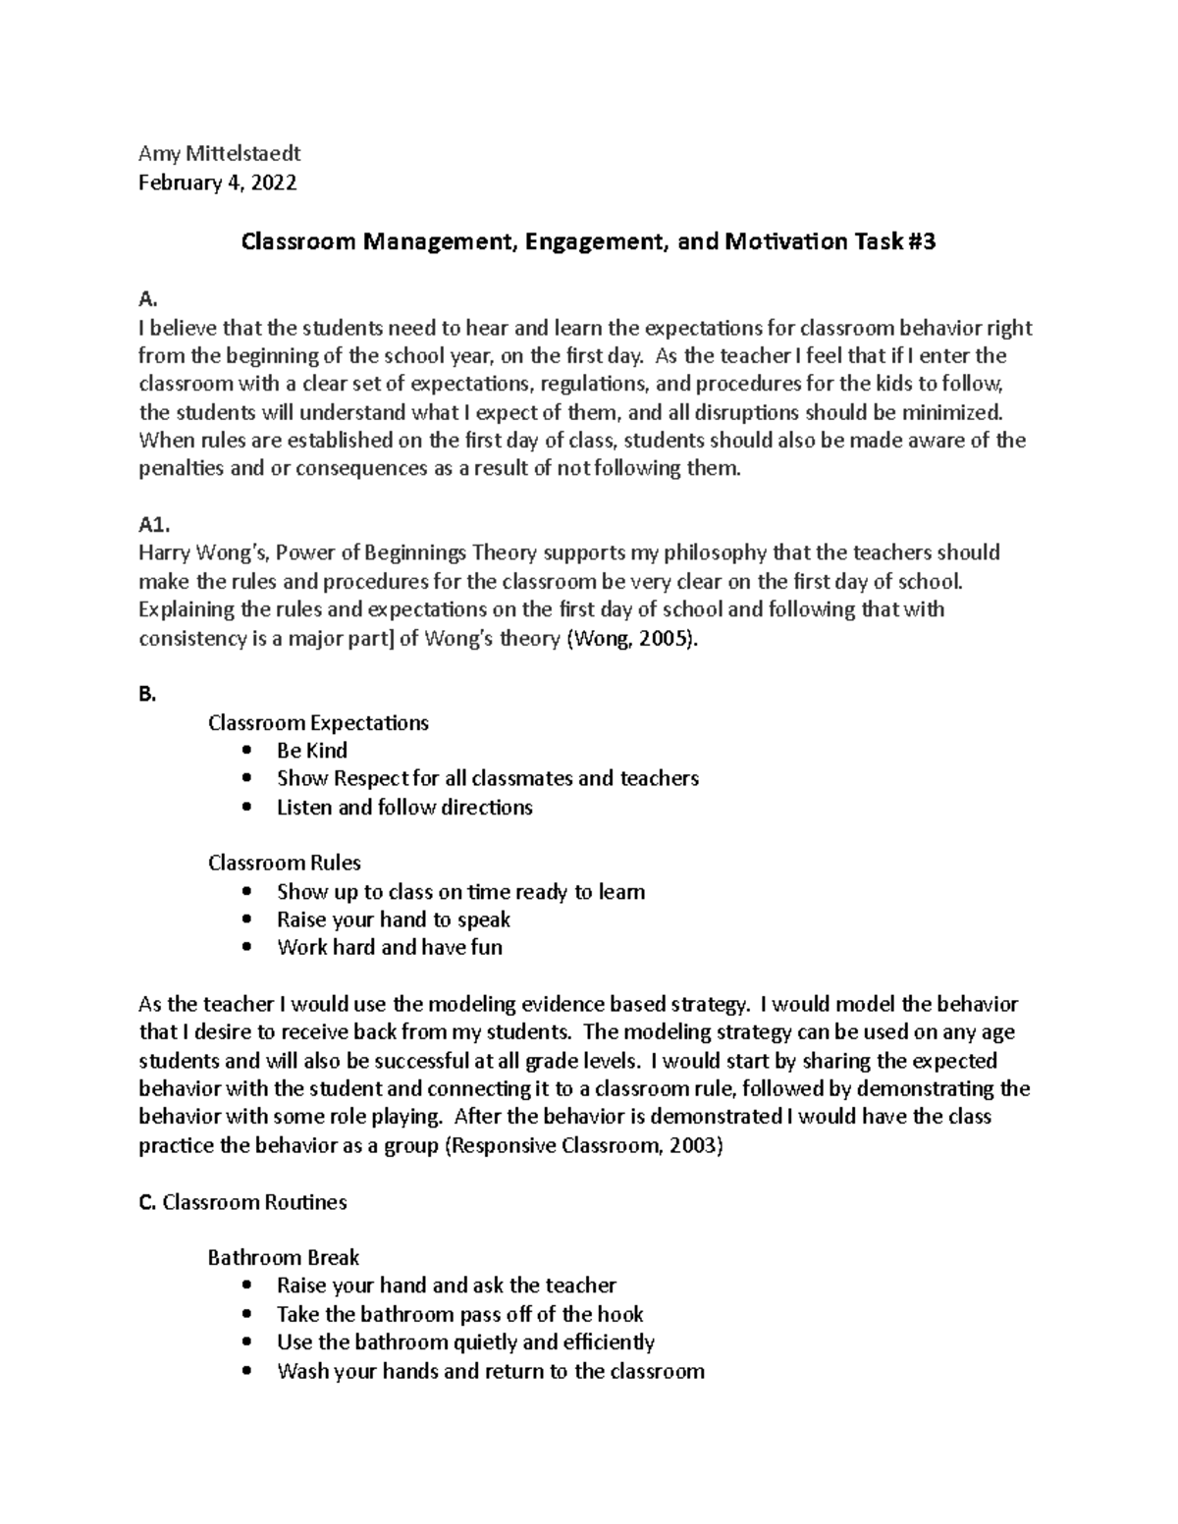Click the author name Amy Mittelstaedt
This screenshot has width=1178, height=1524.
[219, 153]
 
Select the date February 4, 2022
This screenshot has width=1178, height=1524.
[217, 183]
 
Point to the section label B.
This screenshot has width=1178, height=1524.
[147, 695]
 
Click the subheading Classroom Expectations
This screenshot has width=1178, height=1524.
[318, 723]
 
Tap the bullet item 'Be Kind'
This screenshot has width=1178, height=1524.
[312, 751]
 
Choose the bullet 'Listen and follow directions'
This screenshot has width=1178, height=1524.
[404, 808]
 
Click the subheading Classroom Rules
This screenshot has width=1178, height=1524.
[284, 864]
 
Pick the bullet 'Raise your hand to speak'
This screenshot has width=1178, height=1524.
[393, 920]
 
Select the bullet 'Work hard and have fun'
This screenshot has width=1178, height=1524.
[389, 948]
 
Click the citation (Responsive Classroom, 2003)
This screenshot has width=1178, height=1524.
[584, 1145]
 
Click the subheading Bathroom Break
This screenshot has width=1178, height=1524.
[283, 1258]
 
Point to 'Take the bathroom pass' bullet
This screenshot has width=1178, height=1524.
[459, 1315]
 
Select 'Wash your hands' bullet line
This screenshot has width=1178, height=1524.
[490, 1372]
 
